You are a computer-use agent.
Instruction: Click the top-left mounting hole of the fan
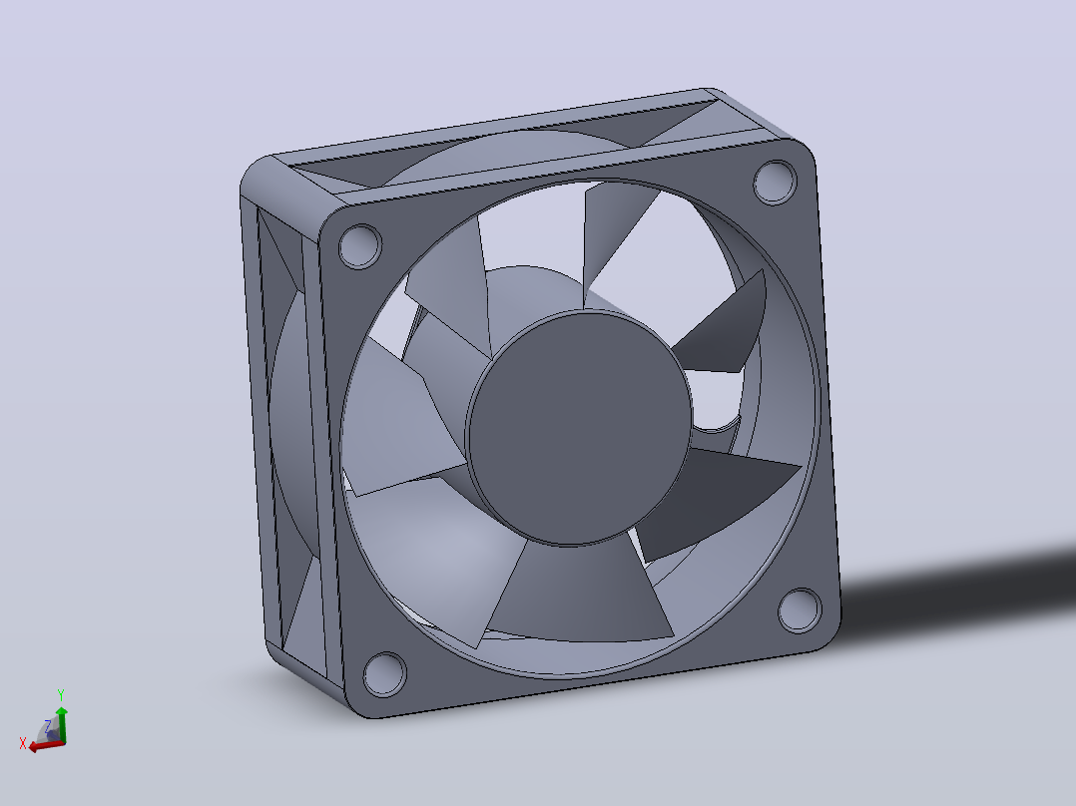coord(360,245)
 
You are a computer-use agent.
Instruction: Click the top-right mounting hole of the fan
coord(775,182)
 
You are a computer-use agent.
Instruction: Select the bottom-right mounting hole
coord(801,609)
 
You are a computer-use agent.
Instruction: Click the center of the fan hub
coord(579,427)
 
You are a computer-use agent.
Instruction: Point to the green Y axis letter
coord(60,695)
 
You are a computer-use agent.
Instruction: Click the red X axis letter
coord(23,743)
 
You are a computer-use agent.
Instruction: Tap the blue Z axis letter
coord(47,725)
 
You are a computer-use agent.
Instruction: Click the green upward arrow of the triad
coord(62,724)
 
